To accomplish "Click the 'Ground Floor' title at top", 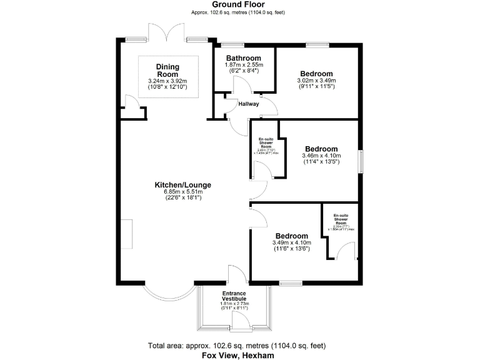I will coord(239,4).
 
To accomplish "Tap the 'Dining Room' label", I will coord(167,71).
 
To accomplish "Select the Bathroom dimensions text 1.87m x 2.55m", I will coord(244,64).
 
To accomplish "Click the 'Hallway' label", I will coord(249,104).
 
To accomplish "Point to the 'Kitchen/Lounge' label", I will coord(183,185).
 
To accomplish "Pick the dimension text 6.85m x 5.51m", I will coord(183,192).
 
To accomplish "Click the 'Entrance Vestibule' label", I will coord(234,296).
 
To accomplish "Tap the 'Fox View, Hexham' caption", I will coord(239,354).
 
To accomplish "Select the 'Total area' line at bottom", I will coord(239,345).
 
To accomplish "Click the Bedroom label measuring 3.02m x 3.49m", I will coord(316,72).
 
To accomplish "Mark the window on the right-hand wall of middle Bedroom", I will coord(360,160).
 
